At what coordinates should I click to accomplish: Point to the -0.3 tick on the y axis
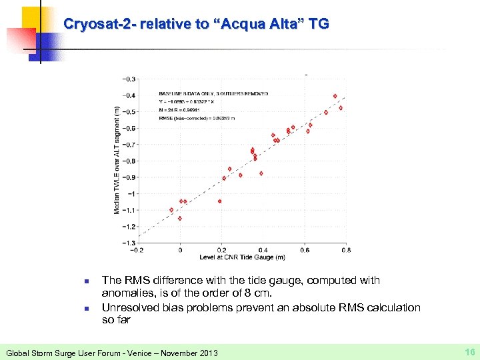pyautogui.click(x=127, y=79)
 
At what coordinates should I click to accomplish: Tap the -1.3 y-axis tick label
pyautogui.click(x=127, y=243)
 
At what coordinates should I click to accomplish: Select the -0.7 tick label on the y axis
pyautogui.click(x=127, y=145)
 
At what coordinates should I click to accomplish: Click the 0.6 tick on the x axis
pyautogui.click(x=304, y=250)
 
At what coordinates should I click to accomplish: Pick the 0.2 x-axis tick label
pyautogui.click(x=221, y=250)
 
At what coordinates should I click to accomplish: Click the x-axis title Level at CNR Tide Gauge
pyautogui.click(x=242, y=257)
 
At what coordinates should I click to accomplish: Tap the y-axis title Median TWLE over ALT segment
pyautogui.click(x=117, y=160)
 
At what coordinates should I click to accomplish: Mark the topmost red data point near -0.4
pyautogui.click(x=335, y=96)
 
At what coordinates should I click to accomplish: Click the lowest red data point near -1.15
pyautogui.click(x=180, y=218)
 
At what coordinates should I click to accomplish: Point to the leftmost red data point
pyautogui.click(x=171, y=210)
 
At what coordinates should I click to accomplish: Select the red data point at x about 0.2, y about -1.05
pyautogui.click(x=219, y=201)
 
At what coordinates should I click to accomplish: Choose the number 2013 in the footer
pyautogui.click(x=207, y=351)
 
